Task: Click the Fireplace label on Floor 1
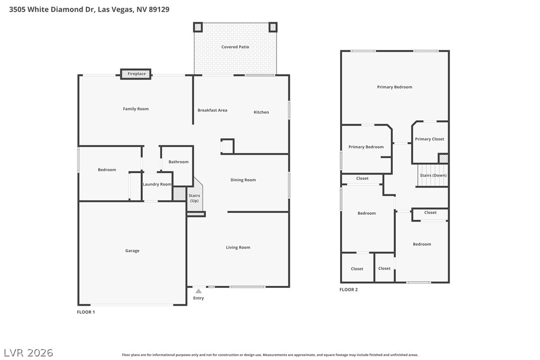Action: [x=136, y=74]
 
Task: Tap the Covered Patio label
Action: [x=235, y=47]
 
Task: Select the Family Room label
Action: [x=136, y=109]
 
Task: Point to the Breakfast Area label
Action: [x=212, y=110]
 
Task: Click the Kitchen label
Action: [x=261, y=112]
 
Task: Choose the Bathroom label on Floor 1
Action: [x=179, y=162]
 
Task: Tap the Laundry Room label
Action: [x=157, y=184]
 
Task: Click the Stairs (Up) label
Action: [x=194, y=198]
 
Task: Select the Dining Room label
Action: [x=243, y=180]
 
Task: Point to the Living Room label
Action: [x=238, y=247]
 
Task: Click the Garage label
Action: [x=132, y=251]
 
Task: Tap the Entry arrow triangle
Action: [x=198, y=291]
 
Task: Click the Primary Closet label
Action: [x=430, y=139]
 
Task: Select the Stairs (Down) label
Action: [x=433, y=176]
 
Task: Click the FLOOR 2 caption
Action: [x=349, y=290]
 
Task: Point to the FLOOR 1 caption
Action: [x=86, y=312]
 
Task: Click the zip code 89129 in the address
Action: [x=159, y=9]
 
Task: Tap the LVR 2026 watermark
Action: [x=28, y=353]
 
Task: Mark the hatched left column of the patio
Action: [x=198, y=27]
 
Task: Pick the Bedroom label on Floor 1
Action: [x=107, y=170]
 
